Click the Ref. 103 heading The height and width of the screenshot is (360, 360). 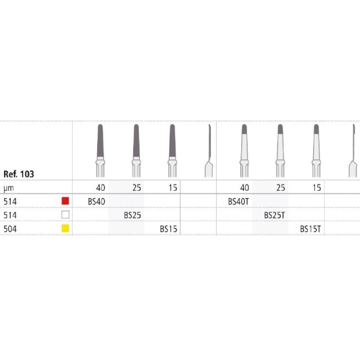click(19, 174)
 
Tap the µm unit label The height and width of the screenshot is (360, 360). click(9, 188)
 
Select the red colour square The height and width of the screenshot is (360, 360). click(65, 201)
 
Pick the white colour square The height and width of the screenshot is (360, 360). click(65, 215)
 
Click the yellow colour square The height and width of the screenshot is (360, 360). click(65, 229)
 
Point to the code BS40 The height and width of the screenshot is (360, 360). click(97, 202)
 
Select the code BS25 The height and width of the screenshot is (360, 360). click(133, 215)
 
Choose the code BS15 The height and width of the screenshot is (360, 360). click(169, 229)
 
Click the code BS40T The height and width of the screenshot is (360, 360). click(238, 202)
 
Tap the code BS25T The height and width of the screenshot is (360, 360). click(274, 215)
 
